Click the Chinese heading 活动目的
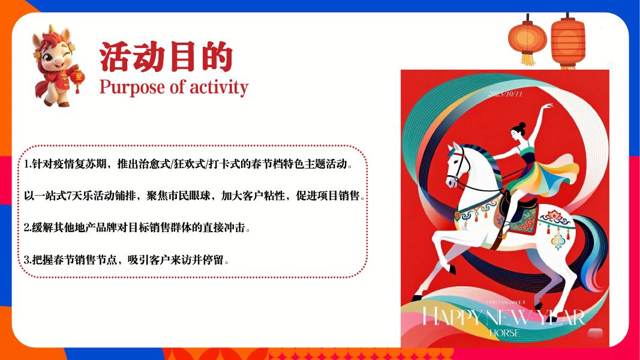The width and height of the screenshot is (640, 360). (166, 58)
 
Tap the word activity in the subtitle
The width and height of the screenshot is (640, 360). (218, 87)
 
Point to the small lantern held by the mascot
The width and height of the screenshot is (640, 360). (77, 79)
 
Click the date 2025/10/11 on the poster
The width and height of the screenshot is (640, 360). (506, 94)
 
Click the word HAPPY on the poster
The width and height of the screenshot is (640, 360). (452, 317)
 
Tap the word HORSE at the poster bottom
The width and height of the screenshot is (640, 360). (504, 332)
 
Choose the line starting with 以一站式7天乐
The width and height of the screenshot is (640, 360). (195, 196)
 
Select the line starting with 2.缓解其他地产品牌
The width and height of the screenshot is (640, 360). (137, 228)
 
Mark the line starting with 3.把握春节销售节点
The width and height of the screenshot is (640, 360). (127, 260)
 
